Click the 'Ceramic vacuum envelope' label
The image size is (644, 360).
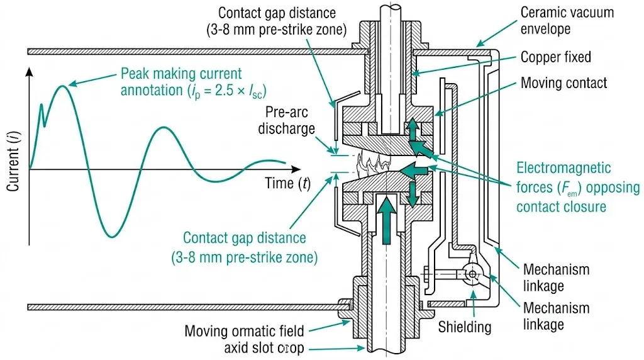point(567,20)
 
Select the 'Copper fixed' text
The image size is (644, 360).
point(556,57)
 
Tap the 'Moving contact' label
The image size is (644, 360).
point(563,83)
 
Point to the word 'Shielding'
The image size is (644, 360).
point(465,327)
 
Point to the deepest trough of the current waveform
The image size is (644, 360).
point(111,237)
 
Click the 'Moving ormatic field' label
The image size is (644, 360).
point(244,331)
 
